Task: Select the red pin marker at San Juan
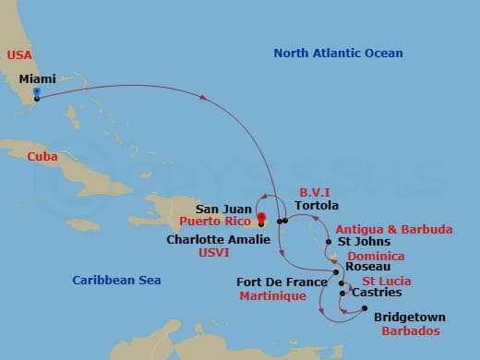tap(262, 219)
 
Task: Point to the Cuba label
tap(42, 157)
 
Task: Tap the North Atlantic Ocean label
tap(338, 54)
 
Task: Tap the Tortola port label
tap(320, 206)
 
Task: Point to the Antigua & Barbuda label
tap(393, 229)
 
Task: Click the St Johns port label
tap(358, 242)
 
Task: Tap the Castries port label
tap(377, 293)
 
